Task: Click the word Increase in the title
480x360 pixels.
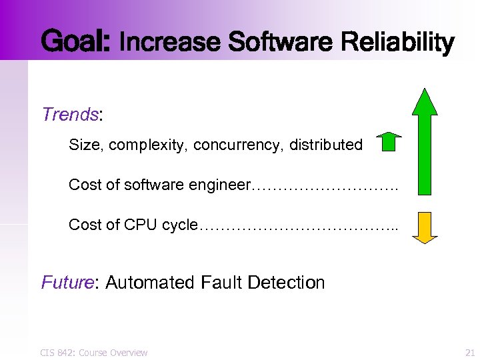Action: pos(171,43)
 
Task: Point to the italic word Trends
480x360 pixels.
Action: pos(70,115)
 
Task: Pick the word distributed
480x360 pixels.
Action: pos(326,145)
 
